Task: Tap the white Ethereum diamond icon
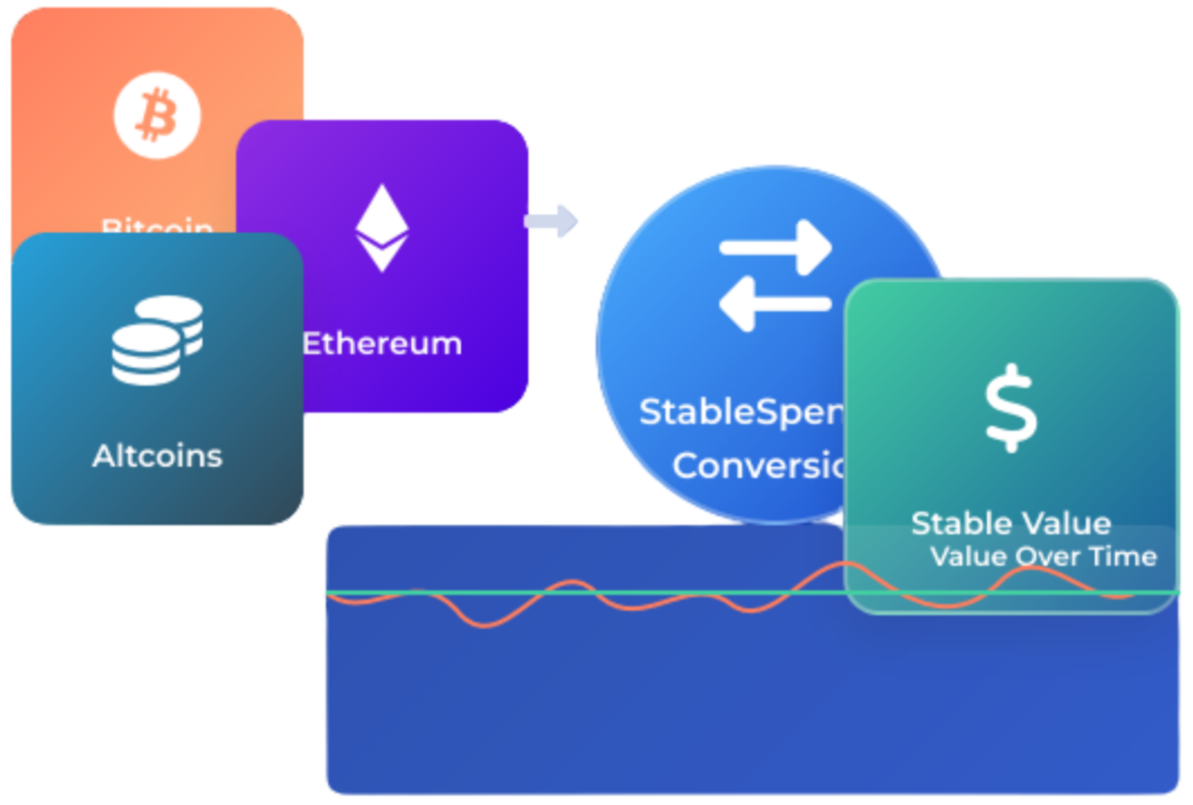381,228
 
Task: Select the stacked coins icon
157,339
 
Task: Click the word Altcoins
157,455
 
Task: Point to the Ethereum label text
381,344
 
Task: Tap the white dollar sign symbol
1011,408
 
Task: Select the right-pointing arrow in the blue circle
775,247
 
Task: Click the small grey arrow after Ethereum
552,220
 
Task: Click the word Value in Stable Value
1066,523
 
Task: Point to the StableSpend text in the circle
741,412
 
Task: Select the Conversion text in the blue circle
757,466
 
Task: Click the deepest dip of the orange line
486,625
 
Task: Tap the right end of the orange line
1132,596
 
